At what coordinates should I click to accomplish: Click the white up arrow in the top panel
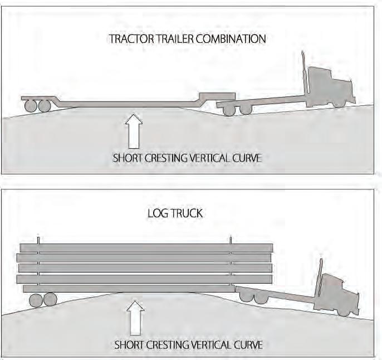pos(134,128)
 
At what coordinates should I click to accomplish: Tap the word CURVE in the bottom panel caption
pos(246,344)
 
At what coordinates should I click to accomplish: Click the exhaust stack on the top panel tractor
pos(303,72)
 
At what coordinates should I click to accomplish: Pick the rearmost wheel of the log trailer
pos(36,300)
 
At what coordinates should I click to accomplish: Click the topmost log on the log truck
pos(146,247)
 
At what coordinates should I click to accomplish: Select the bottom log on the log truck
pos(128,288)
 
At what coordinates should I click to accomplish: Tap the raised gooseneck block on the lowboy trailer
pos(217,96)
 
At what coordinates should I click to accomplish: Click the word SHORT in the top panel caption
pos(128,158)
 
